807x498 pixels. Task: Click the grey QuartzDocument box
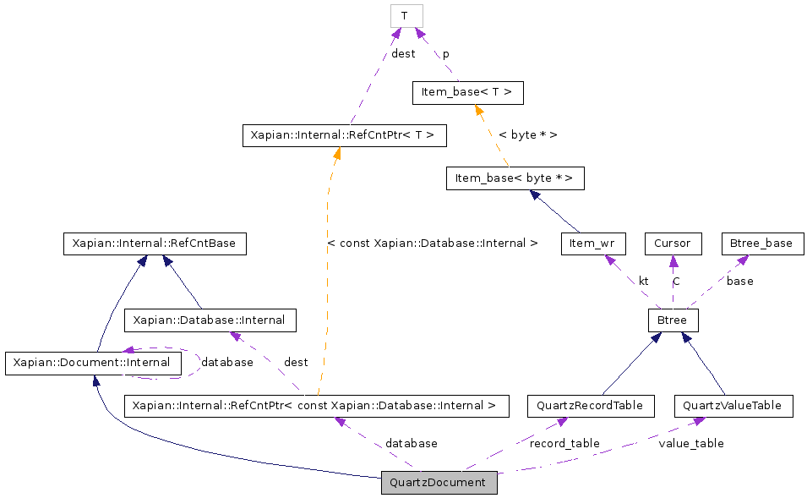[439, 483]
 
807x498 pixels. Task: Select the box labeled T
[406, 16]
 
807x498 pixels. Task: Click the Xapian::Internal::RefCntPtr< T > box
[344, 135]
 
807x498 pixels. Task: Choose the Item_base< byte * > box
[515, 178]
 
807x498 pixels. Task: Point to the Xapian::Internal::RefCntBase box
[155, 244]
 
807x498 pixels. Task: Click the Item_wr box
[593, 244]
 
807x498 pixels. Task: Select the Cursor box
[673, 244]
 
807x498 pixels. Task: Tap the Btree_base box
[761, 244]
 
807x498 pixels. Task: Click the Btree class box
[673, 320]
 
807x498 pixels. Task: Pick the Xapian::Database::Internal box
[210, 320]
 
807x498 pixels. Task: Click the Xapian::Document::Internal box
[93, 364]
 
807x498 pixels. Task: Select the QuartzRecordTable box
[590, 406]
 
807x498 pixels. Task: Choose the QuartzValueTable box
[733, 406]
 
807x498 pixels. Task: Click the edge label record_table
[564, 443]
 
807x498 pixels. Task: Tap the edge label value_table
[691, 443]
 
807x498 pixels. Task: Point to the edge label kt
[643, 281]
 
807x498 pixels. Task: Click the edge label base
[739, 281]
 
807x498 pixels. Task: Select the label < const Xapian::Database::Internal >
[432, 244]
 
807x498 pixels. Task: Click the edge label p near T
[446, 54]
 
